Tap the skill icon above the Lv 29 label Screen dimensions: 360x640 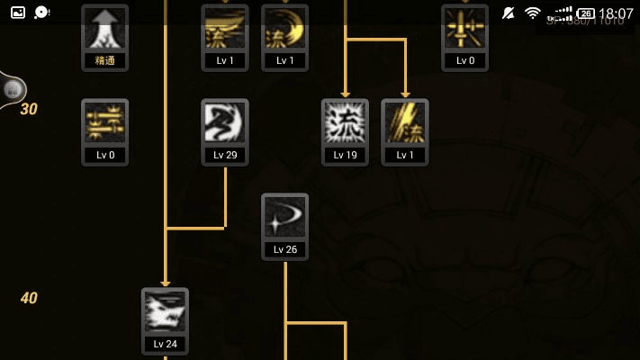[x=225, y=122]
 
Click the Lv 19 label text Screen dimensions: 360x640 [x=345, y=155]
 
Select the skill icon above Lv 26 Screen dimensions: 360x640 [x=284, y=217]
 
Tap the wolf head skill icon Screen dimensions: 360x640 [x=165, y=311]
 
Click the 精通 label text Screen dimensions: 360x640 [x=105, y=60]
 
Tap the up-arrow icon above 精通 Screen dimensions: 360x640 [x=105, y=29]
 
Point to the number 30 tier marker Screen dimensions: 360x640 [x=29, y=109]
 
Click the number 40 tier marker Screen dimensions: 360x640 [x=29, y=298]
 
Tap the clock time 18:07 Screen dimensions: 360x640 [x=616, y=13]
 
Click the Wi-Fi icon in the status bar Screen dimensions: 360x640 [x=533, y=13]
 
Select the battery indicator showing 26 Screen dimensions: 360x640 [x=585, y=13]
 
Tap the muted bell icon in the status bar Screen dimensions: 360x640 [x=509, y=13]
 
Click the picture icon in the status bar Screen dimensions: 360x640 [x=17, y=13]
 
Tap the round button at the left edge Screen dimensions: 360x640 [x=12, y=88]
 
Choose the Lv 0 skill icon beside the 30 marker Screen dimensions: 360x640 [x=105, y=122]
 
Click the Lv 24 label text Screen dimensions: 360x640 [x=165, y=344]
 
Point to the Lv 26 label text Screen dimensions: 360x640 [x=284, y=249]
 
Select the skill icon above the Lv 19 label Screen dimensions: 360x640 [x=345, y=122]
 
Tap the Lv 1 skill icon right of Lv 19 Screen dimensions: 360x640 [x=404, y=122]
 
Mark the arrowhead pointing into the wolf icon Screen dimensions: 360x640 [x=165, y=283]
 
